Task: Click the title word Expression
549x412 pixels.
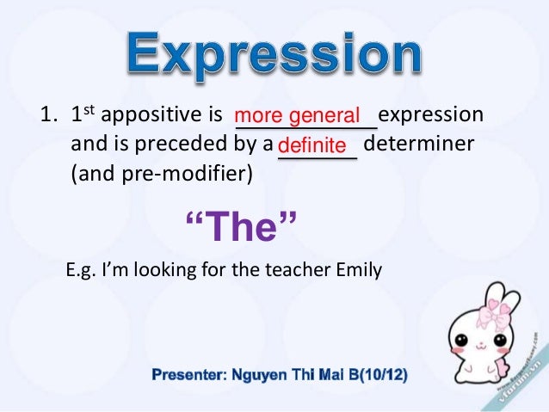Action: click(x=275, y=57)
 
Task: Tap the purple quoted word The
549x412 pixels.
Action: click(x=241, y=227)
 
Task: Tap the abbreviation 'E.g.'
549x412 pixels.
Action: click(x=82, y=271)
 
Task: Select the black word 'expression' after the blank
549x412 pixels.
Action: click(x=431, y=115)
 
